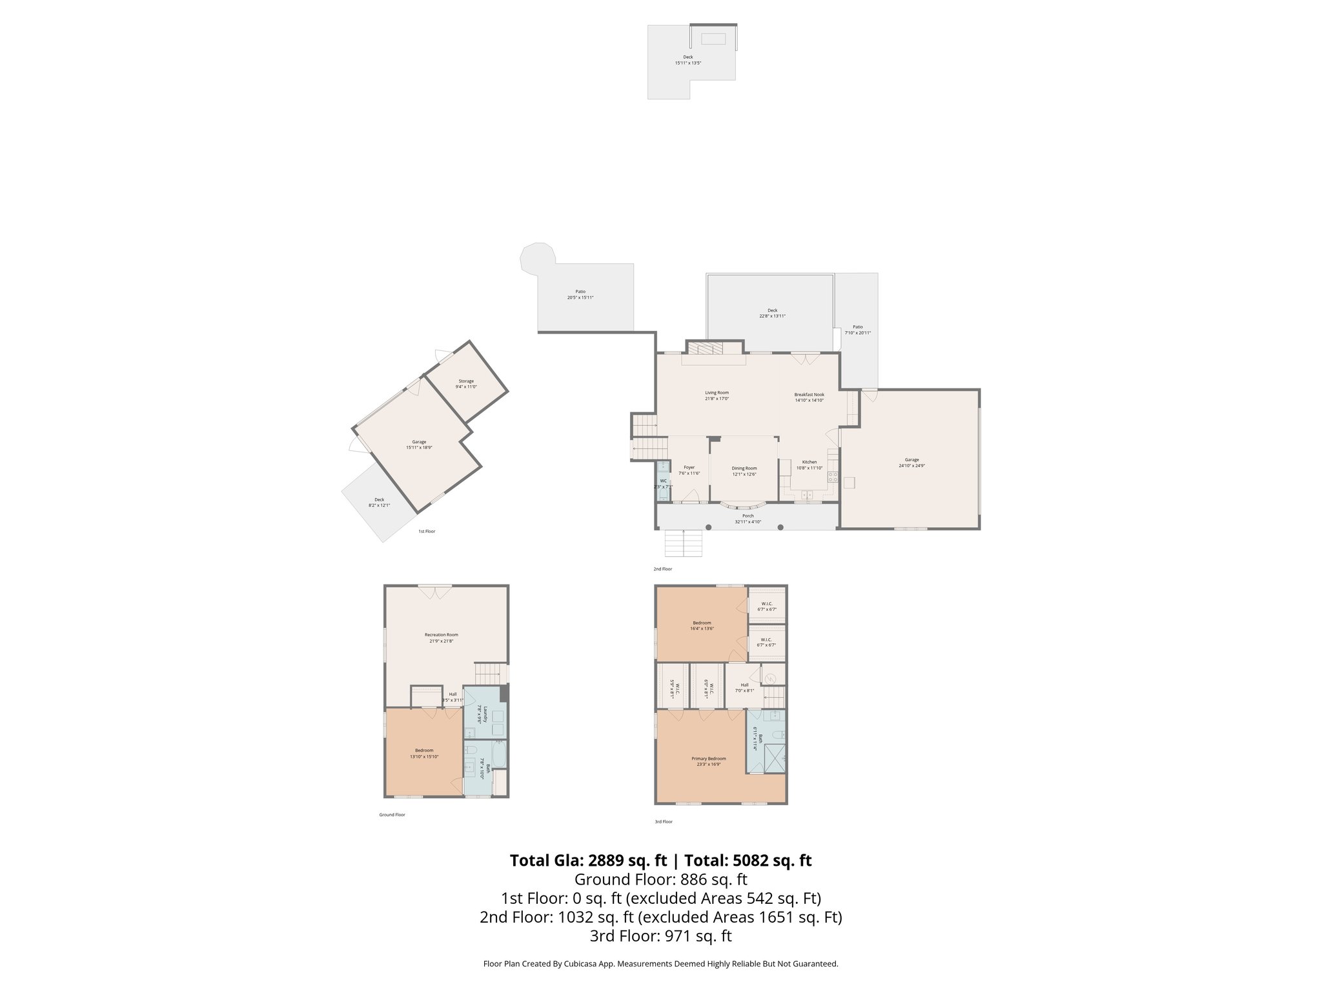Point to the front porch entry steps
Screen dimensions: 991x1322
click(684, 543)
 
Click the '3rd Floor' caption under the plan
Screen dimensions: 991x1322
click(663, 821)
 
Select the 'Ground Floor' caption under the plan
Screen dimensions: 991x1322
click(392, 815)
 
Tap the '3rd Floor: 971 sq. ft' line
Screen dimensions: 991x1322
click(660, 936)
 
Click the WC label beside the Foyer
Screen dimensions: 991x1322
click(663, 481)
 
